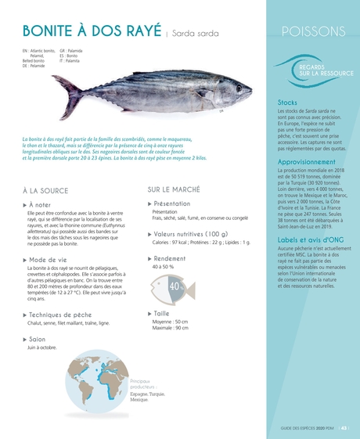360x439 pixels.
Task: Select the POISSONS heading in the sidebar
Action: click(311, 31)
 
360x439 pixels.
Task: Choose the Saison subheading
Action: click(36, 339)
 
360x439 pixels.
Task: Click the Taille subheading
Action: click(161, 313)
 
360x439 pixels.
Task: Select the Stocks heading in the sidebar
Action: click(287, 103)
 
